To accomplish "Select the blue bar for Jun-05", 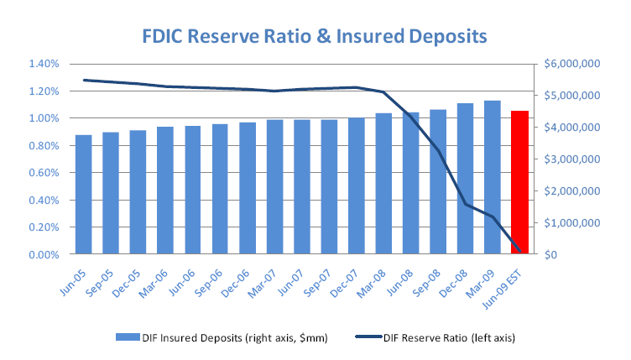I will [x=83, y=194].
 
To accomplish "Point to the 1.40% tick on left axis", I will [x=42, y=64].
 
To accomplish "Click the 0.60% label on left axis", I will [x=42, y=173].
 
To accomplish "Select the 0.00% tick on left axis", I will [x=42, y=254].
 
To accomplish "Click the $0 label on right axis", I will [x=550, y=254].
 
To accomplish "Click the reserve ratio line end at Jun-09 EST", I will [x=520, y=253].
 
